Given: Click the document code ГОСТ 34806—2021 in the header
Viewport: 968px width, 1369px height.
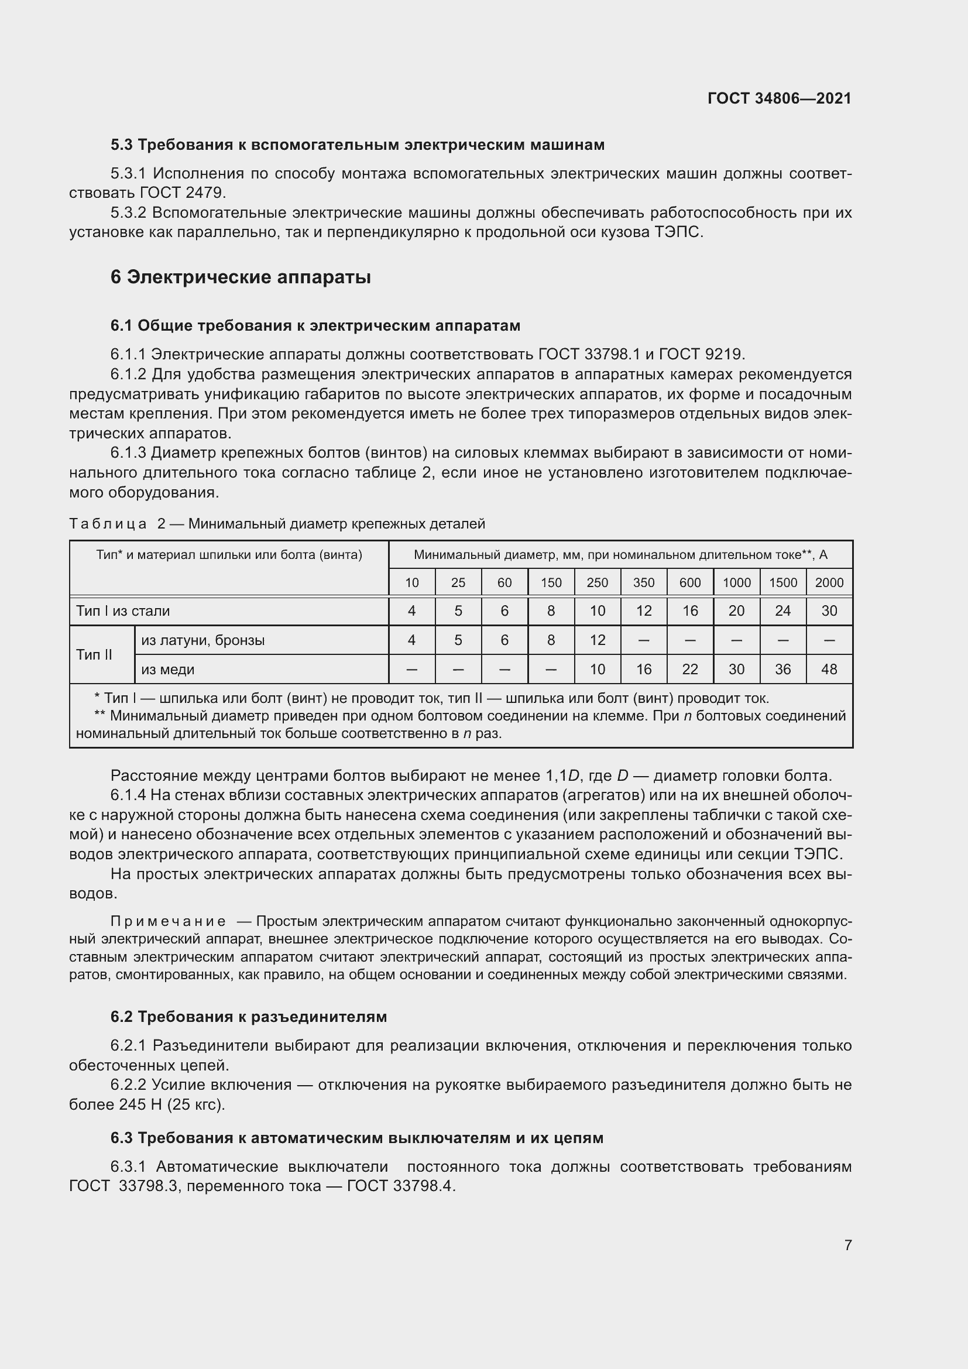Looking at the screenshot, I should coord(779,98).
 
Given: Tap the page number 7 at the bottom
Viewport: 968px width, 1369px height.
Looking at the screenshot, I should coord(847,1245).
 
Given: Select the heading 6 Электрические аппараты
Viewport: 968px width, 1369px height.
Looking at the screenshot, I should coord(240,277).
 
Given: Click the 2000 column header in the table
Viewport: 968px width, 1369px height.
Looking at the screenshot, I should coord(829,582).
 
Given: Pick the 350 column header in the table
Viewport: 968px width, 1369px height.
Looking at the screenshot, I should coord(643,582).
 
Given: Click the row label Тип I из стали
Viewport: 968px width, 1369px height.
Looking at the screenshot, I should coord(123,611).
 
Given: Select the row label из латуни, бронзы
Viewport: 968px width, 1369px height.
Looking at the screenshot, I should coord(202,640).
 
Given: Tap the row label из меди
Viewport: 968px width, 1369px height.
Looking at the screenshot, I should coord(167,670).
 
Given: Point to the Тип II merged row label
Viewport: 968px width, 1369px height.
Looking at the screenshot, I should coord(94,655).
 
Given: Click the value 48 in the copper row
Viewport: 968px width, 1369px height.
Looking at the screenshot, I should coord(829,670).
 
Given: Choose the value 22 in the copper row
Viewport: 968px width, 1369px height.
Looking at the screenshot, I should coord(689,670).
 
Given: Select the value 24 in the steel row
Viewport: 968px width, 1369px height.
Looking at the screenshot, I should coord(782,611).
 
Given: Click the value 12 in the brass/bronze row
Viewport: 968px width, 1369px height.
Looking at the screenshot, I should coord(598,640).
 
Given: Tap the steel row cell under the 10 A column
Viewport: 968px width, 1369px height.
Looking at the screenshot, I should coord(411,611).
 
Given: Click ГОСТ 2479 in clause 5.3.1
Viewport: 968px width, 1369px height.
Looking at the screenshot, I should coord(182,193).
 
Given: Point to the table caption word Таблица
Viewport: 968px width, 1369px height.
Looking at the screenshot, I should coord(108,524).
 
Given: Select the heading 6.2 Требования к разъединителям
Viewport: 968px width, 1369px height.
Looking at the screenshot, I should coord(249,1017).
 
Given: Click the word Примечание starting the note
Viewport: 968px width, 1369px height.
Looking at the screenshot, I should coord(168,922).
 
